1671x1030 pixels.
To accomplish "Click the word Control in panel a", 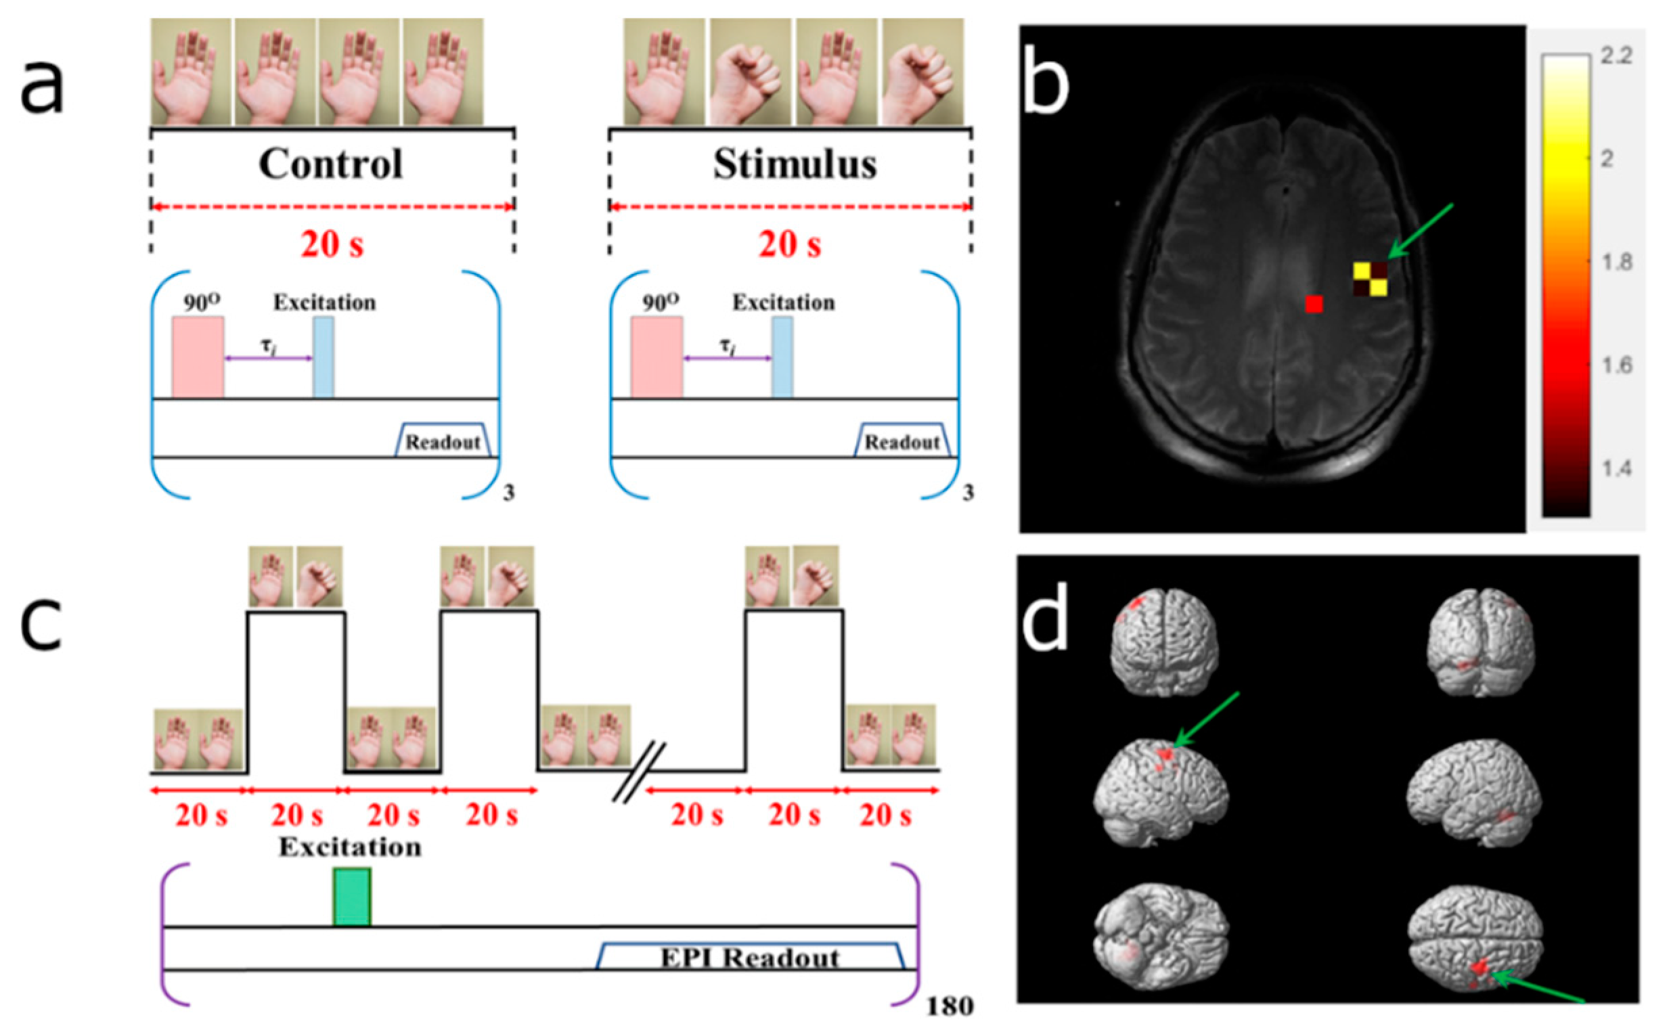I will pyautogui.click(x=330, y=164).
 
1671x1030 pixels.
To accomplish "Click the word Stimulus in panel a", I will pyautogui.click(x=795, y=164).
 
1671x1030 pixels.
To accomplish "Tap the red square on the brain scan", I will pyautogui.click(x=1314, y=304).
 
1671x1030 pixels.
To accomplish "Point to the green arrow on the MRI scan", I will pyautogui.click(x=1420, y=231).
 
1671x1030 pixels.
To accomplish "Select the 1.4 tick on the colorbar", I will pyautogui.click(x=1616, y=469).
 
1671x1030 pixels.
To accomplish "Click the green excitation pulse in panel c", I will pyautogui.click(x=351, y=897).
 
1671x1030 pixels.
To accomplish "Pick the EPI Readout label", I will pyautogui.click(x=750, y=958).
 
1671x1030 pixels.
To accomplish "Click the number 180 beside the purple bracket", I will pyautogui.click(x=950, y=1006).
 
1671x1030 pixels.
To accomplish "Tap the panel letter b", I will pyautogui.click(x=1046, y=85).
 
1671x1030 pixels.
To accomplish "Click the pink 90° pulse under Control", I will pyautogui.click(x=198, y=357).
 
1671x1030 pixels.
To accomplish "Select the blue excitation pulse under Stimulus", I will pyautogui.click(x=782, y=357).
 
